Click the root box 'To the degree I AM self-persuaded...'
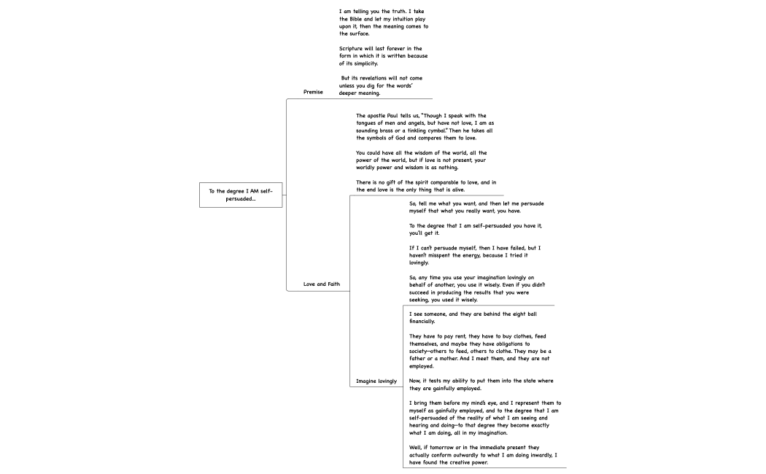(241, 195)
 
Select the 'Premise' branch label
(313, 92)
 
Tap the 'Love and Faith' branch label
(322, 284)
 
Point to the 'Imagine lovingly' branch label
(376, 381)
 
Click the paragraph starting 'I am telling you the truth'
(384, 23)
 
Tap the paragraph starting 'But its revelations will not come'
(380, 85)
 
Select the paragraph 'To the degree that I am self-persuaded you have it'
(475, 229)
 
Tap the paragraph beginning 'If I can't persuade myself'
(474, 255)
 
